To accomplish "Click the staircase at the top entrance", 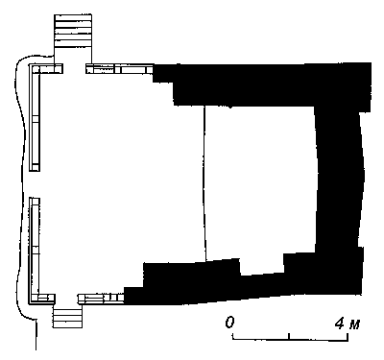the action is point(73,32).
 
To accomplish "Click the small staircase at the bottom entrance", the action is point(67,317).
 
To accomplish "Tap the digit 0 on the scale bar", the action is point(229,323).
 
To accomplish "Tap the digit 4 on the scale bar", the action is point(340,324).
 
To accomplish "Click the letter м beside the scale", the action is point(354,324).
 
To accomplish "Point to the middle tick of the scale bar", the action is point(289,336).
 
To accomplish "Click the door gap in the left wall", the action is point(35,184).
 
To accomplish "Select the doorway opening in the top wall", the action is point(74,68).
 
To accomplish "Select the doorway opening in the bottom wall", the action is point(66,299).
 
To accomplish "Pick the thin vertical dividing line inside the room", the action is point(204,183).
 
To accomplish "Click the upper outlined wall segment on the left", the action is point(35,117).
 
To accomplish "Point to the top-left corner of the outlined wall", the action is point(30,64).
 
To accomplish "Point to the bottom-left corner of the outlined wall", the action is point(30,303).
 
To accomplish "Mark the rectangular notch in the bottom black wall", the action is point(262,266).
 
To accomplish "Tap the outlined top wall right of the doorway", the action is point(120,68).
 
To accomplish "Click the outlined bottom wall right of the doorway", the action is point(101,299).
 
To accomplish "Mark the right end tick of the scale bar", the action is point(348,337).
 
